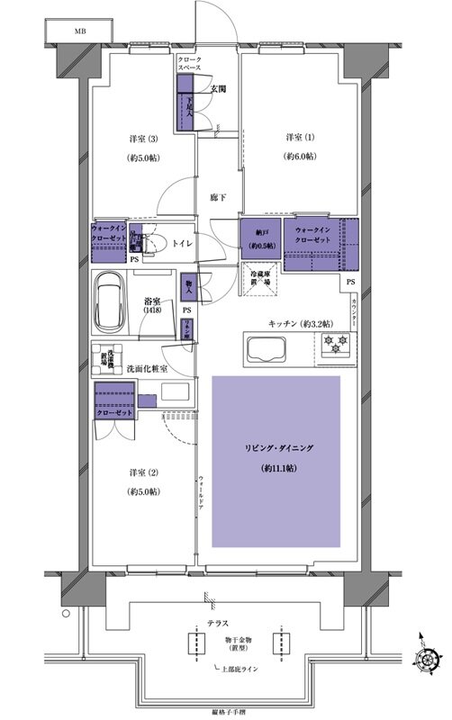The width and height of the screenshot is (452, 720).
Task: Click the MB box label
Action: [x=68, y=30]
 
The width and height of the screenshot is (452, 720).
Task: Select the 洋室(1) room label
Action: [x=301, y=138]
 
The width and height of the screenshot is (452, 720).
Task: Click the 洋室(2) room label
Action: [x=137, y=472]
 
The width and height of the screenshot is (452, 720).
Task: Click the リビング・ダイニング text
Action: [x=276, y=447]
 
